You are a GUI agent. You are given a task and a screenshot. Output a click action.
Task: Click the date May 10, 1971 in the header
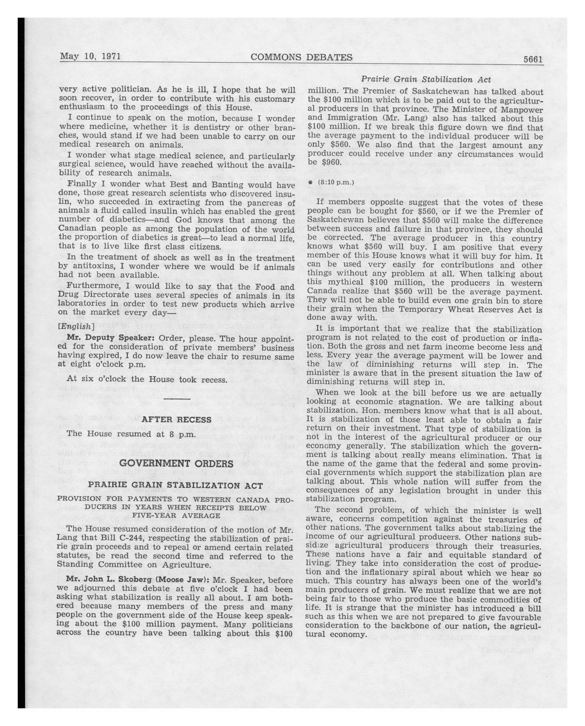[x=90, y=56]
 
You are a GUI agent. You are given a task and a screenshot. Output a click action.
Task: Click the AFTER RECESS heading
[x=176, y=420]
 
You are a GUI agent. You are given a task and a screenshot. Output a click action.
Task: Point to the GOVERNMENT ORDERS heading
[x=176, y=463]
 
